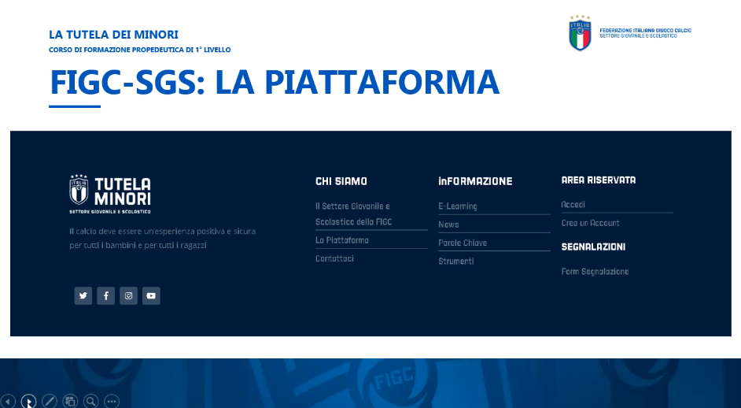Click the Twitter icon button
point(83,296)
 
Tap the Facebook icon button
point(106,296)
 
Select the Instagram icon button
point(128,296)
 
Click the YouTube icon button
point(151,296)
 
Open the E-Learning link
point(458,206)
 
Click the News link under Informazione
point(448,224)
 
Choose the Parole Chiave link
point(463,243)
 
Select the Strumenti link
point(456,261)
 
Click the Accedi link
point(573,205)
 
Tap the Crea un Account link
point(590,223)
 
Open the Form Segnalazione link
point(595,272)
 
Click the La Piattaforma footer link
point(342,240)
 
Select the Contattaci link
point(334,258)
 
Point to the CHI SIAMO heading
point(341,181)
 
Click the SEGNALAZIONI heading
point(593,247)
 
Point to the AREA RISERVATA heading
point(599,180)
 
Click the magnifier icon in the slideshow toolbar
point(90,402)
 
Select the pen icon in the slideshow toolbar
point(49,402)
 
